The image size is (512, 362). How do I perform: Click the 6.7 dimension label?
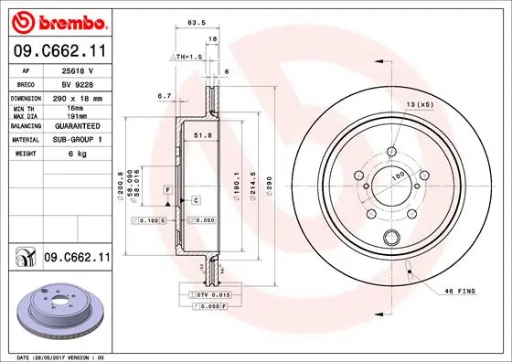click(x=165, y=95)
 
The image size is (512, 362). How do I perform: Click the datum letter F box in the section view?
click(x=168, y=188)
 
